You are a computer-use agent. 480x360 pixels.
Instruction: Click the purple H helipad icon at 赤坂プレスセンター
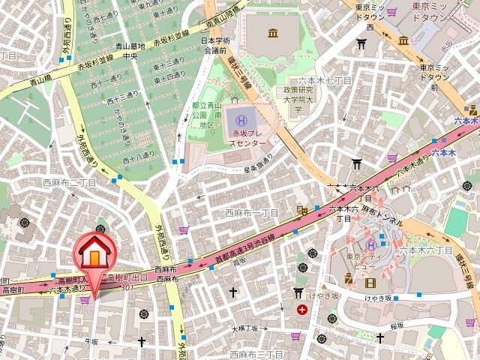[x=241, y=118]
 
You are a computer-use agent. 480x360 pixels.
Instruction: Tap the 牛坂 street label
[x=91, y=341]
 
